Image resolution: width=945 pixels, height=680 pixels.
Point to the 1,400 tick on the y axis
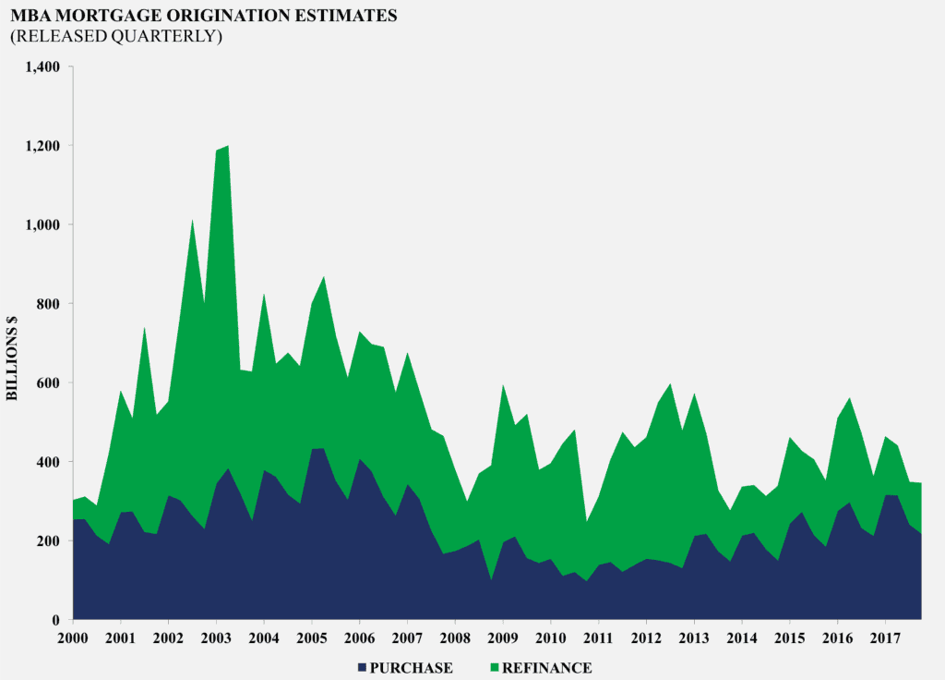(x=43, y=67)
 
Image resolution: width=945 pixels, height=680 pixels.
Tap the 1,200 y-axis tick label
(x=43, y=146)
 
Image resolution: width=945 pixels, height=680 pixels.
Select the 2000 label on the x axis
(x=73, y=638)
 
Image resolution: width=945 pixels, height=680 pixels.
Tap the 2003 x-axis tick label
(x=216, y=638)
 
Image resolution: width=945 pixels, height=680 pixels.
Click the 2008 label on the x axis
(x=455, y=638)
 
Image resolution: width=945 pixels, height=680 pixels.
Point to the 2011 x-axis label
(x=598, y=638)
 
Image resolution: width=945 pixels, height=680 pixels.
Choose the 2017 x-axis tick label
(x=885, y=638)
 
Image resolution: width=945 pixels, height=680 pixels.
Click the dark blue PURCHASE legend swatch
(x=360, y=667)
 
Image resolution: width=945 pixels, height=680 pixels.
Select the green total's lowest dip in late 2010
(x=587, y=522)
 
